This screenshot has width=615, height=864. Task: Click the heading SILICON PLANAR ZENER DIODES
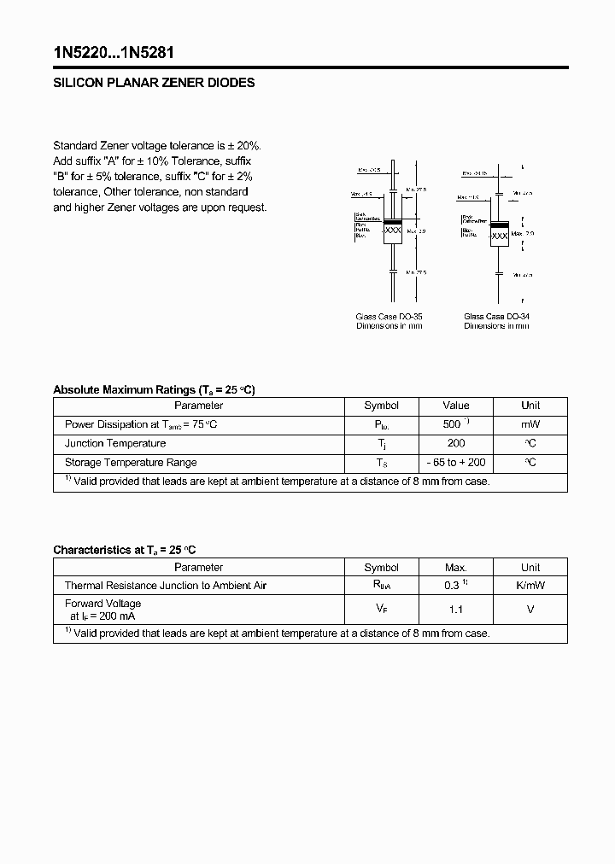click(x=154, y=84)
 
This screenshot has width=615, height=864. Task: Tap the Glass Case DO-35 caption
click(x=389, y=317)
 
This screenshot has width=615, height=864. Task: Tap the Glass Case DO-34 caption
click(x=496, y=317)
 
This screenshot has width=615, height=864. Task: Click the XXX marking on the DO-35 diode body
click(x=392, y=231)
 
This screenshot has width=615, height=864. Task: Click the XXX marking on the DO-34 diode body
click(x=500, y=235)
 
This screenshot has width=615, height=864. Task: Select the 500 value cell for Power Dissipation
click(x=456, y=424)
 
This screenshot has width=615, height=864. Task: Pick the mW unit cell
click(x=530, y=424)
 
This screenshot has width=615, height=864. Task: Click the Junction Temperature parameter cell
click(x=115, y=443)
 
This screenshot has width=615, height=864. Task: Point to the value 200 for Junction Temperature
click(x=456, y=443)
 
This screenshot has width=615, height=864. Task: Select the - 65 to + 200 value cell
click(x=456, y=462)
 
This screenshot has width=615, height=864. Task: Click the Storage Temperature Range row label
click(x=131, y=462)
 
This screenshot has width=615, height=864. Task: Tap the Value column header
click(x=456, y=406)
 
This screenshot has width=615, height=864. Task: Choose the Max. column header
click(x=456, y=567)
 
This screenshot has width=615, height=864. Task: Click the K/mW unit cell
click(x=530, y=586)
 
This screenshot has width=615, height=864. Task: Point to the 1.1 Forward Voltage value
click(x=456, y=610)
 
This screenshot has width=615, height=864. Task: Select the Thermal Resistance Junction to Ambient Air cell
click(x=166, y=586)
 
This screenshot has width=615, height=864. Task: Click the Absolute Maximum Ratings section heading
click(x=154, y=389)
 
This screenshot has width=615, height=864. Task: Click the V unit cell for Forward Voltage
click(x=530, y=610)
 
